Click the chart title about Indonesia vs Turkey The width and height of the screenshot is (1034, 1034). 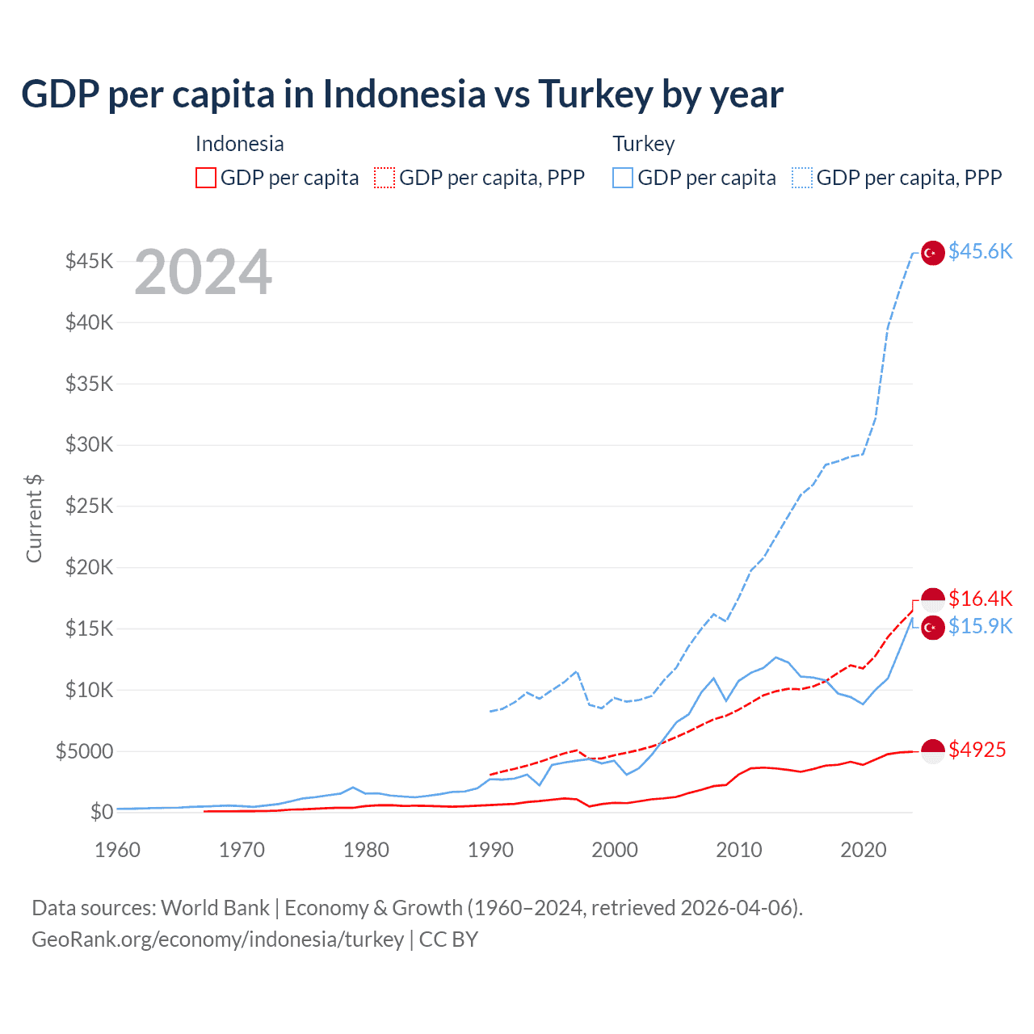[x=401, y=95]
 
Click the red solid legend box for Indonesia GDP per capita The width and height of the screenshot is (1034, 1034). [x=206, y=178]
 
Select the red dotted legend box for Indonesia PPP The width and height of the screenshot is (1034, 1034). [x=385, y=178]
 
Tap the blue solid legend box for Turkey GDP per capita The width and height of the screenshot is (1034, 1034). [x=623, y=178]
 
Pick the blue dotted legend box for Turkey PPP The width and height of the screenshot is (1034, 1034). [x=802, y=178]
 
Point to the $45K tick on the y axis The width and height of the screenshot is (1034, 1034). [x=90, y=261]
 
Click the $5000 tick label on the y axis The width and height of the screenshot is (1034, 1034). [x=85, y=751]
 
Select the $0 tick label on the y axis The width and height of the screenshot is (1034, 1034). [x=101, y=812]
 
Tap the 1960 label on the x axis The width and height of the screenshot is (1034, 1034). [x=118, y=850]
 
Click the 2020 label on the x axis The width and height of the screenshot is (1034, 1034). [x=864, y=850]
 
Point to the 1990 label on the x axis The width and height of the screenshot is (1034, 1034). [x=490, y=850]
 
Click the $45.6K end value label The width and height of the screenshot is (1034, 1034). [x=980, y=252]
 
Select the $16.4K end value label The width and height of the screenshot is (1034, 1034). [x=980, y=599]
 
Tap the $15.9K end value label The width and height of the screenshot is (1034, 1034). [x=980, y=627]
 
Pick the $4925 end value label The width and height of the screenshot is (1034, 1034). [x=977, y=750]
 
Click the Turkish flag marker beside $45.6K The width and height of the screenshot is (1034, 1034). [x=933, y=253]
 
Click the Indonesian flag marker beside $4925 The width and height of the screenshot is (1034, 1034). [x=933, y=751]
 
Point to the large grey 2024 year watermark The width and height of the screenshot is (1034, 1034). [x=203, y=273]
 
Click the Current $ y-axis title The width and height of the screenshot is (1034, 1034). [x=34, y=519]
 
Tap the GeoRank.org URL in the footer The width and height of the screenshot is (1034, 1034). [x=217, y=939]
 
